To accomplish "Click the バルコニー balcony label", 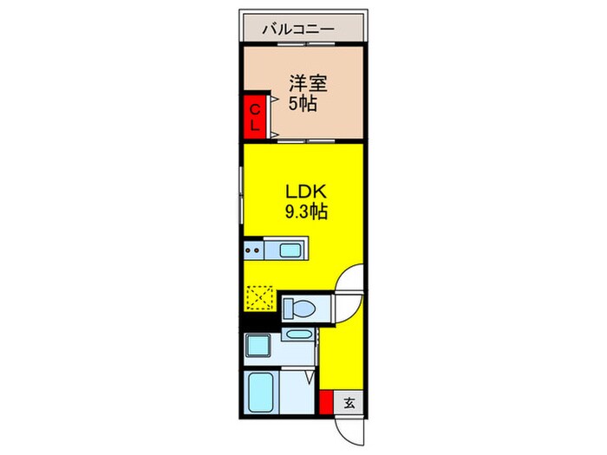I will (x=303, y=29).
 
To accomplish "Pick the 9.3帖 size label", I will (x=304, y=211).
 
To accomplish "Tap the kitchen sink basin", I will (x=290, y=251).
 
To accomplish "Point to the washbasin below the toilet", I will (x=297, y=335).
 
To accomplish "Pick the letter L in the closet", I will (x=254, y=126).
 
